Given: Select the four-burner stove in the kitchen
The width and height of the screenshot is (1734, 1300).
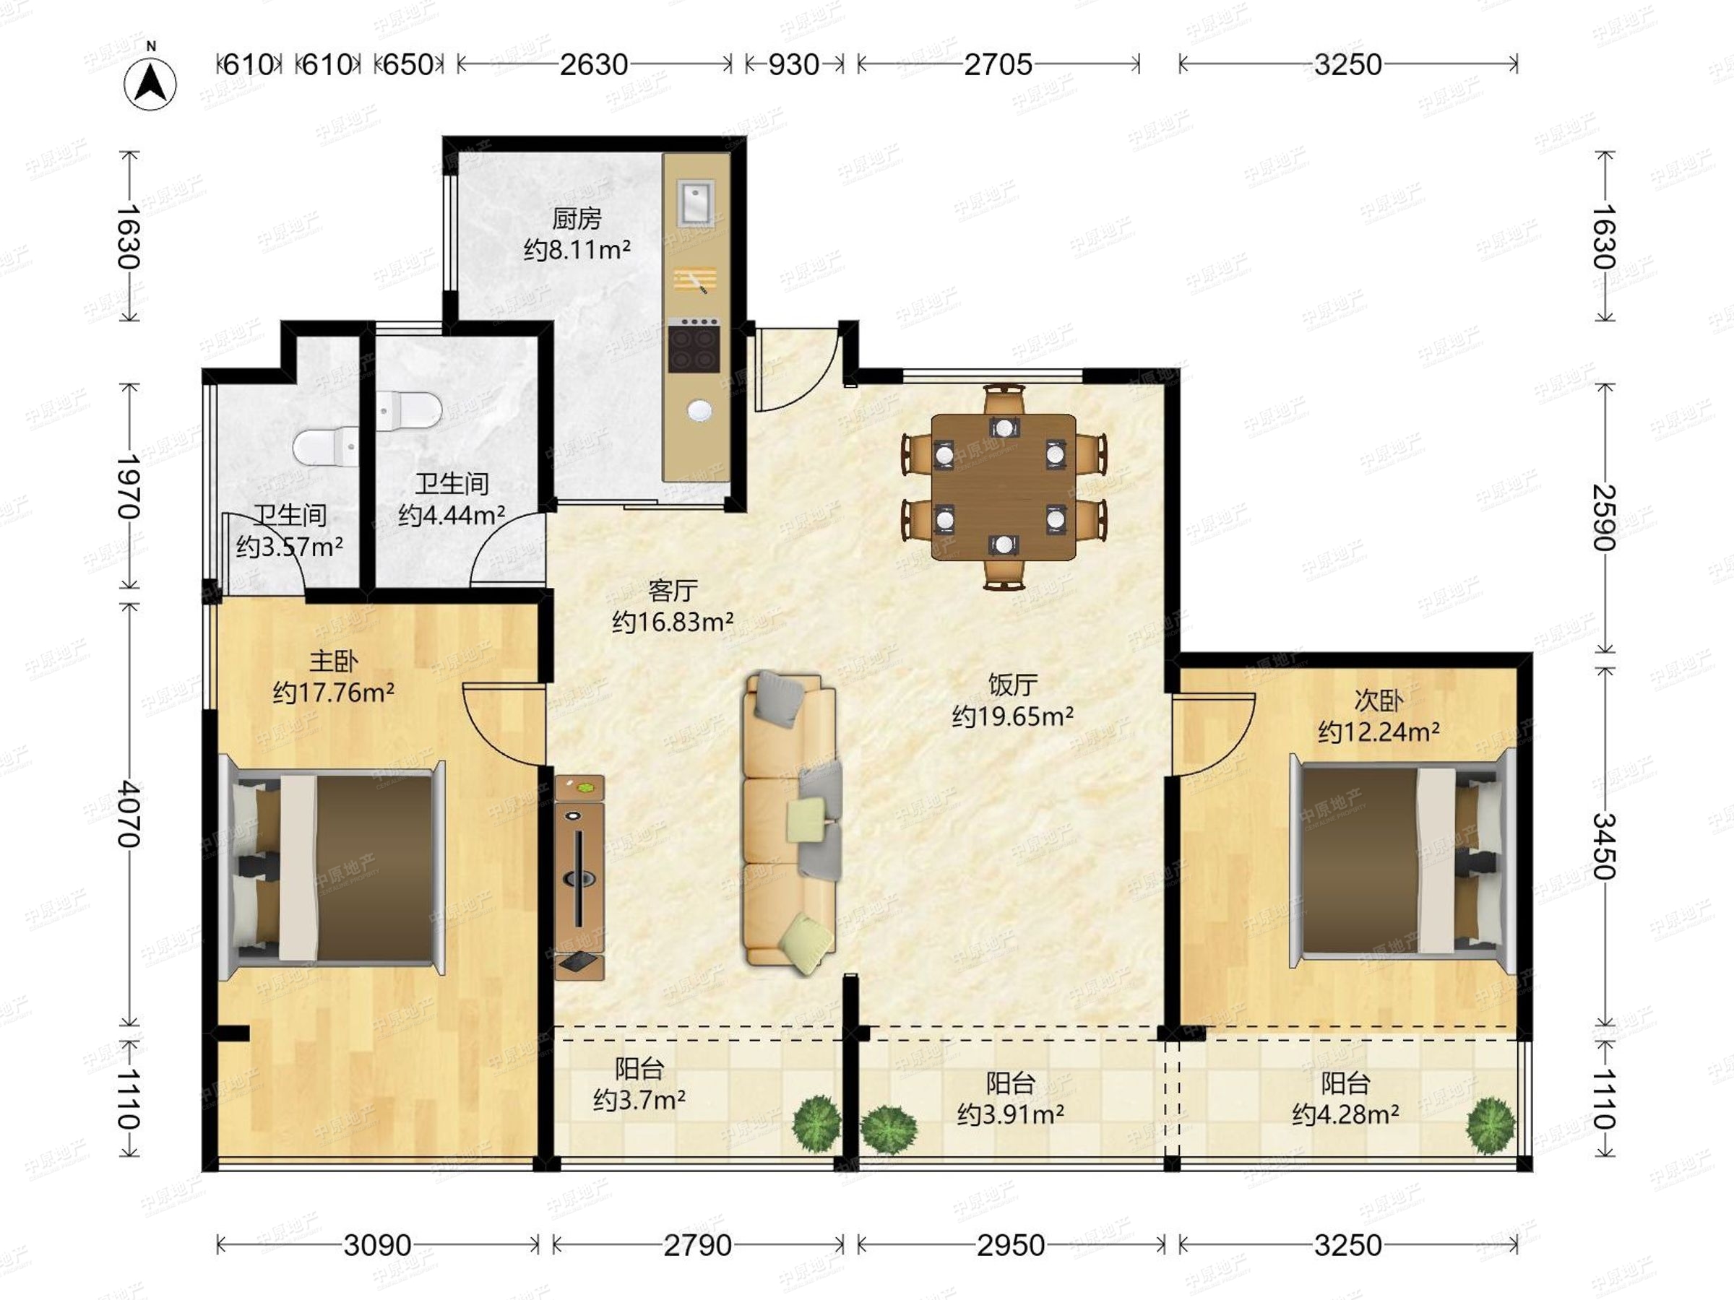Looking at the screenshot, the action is coord(694,344).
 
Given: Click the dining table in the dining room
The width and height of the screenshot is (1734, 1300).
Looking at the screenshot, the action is coord(1004,487).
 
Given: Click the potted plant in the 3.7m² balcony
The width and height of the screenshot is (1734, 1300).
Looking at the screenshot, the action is coord(817,1124).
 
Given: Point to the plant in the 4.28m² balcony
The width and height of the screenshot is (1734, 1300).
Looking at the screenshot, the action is coord(1491,1125).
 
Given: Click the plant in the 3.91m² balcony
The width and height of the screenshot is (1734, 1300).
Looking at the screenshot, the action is coord(888,1129).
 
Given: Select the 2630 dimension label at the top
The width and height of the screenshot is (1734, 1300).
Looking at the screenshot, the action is coord(593,64).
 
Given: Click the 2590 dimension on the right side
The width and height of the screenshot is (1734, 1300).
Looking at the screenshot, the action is coord(1604,517).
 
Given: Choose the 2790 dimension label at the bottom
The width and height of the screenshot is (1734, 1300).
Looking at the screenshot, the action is coord(698,1244).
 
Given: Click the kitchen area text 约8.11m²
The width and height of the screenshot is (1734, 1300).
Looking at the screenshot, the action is coord(577,250).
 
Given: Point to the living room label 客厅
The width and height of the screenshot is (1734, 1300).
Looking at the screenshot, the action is coord(673,590).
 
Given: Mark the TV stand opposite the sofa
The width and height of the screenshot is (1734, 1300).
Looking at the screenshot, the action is coord(579,877).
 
